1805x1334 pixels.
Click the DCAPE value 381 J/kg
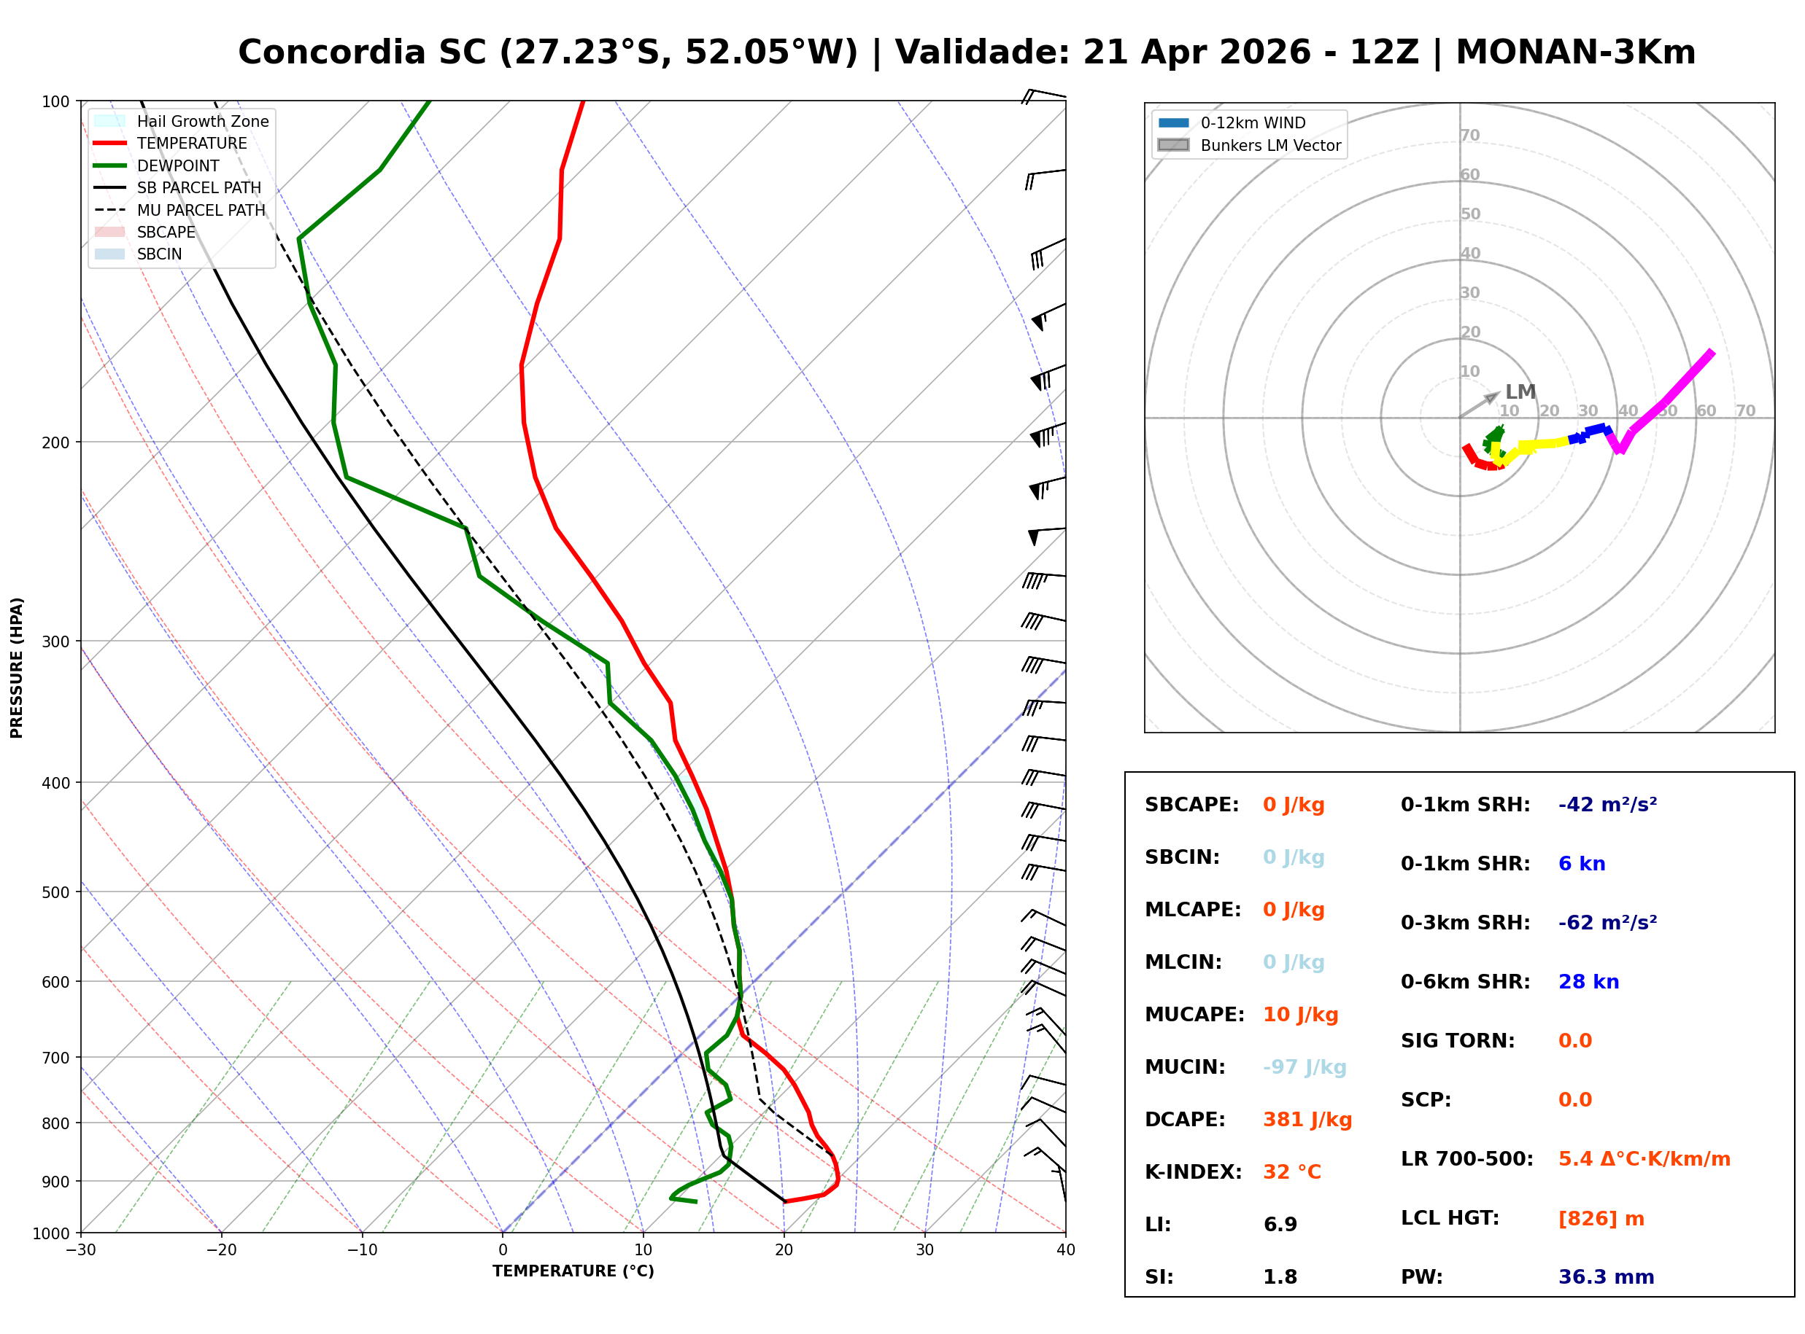[x=1307, y=1119]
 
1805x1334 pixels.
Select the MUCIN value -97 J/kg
[x=1304, y=1066]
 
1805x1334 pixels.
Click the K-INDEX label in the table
[x=1193, y=1171]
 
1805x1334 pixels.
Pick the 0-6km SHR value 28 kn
[x=1588, y=981]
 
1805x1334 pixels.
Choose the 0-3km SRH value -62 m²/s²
[x=1607, y=922]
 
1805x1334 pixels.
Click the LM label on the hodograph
[x=1520, y=391]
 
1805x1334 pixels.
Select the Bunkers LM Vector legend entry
[x=1270, y=145]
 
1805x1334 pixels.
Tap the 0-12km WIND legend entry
[x=1253, y=122]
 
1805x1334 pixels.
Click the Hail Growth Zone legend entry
[x=202, y=121]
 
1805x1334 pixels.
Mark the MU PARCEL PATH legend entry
[x=201, y=210]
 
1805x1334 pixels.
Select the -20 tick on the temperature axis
[x=220, y=1250]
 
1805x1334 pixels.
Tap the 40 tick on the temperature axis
[x=1065, y=1250]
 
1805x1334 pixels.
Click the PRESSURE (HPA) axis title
[x=17, y=667]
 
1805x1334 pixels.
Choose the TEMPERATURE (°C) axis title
[x=573, y=1271]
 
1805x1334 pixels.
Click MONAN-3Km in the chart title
[x=1574, y=52]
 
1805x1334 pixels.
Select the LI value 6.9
[x=1280, y=1224]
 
